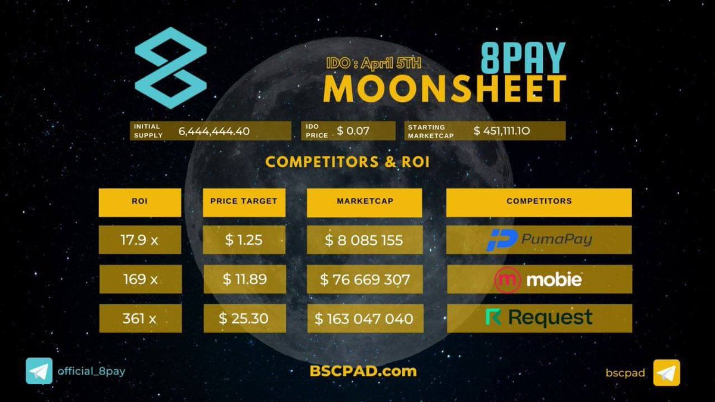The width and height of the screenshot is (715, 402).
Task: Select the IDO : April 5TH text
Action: point(374,63)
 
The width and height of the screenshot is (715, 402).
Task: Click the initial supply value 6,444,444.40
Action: point(214,132)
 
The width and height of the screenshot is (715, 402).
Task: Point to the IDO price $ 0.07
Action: point(353,131)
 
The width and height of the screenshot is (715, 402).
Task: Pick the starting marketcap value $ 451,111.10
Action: point(512,131)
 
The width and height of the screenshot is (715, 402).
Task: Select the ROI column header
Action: point(139,201)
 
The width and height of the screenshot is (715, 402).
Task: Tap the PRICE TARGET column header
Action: point(244,201)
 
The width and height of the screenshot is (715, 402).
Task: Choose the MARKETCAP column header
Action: point(365,201)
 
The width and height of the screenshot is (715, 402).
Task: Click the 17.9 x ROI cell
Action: point(139,240)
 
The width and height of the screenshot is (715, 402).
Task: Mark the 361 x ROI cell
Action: point(139,319)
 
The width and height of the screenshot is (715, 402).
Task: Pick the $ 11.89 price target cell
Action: point(244,279)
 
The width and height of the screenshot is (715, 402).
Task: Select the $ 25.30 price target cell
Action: point(244,319)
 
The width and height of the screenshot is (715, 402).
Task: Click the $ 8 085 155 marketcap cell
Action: point(365,240)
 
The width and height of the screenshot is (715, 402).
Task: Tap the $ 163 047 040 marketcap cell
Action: point(365,319)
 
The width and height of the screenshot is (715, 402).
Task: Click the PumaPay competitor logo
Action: point(539,240)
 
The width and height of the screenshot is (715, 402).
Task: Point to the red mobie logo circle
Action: point(508,280)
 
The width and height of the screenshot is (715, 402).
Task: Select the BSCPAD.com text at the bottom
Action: point(363,371)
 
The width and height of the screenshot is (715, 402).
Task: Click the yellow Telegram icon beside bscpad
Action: point(666,372)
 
